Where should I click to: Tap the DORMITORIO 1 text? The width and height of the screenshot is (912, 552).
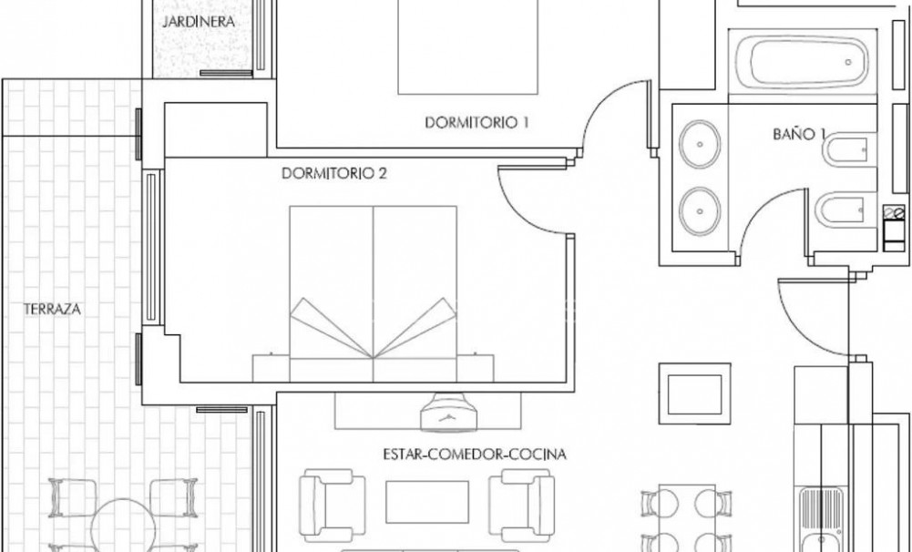point(477,123)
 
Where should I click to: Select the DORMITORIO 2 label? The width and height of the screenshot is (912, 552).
point(334,173)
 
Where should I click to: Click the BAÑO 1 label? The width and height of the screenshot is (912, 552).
point(798,133)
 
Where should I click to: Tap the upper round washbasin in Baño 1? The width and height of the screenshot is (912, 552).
point(700,143)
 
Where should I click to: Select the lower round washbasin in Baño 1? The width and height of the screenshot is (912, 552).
point(700,209)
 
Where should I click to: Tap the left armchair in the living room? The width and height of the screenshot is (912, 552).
point(326,499)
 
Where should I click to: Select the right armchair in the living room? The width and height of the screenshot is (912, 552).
point(522,499)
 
